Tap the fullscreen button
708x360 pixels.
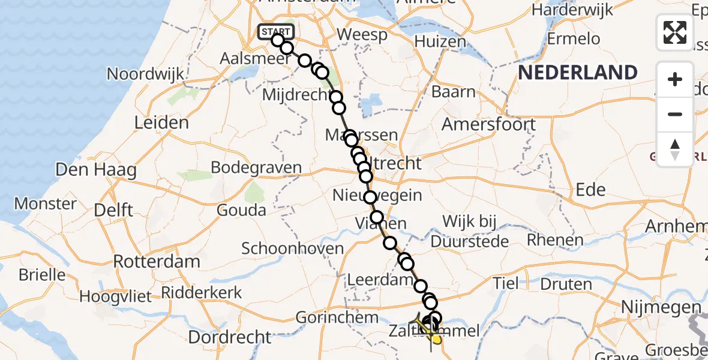click(x=675, y=32)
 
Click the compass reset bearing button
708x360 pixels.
click(x=675, y=149)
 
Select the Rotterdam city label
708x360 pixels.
click(x=157, y=262)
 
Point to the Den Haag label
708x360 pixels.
click(x=96, y=170)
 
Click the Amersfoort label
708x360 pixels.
click(x=489, y=125)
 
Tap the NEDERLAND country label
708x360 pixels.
click(x=578, y=73)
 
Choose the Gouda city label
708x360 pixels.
click(x=242, y=210)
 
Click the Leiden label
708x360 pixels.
click(x=161, y=123)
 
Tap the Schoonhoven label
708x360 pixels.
click(x=293, y=248)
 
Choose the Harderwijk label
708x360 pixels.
click(x=572, y=10)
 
